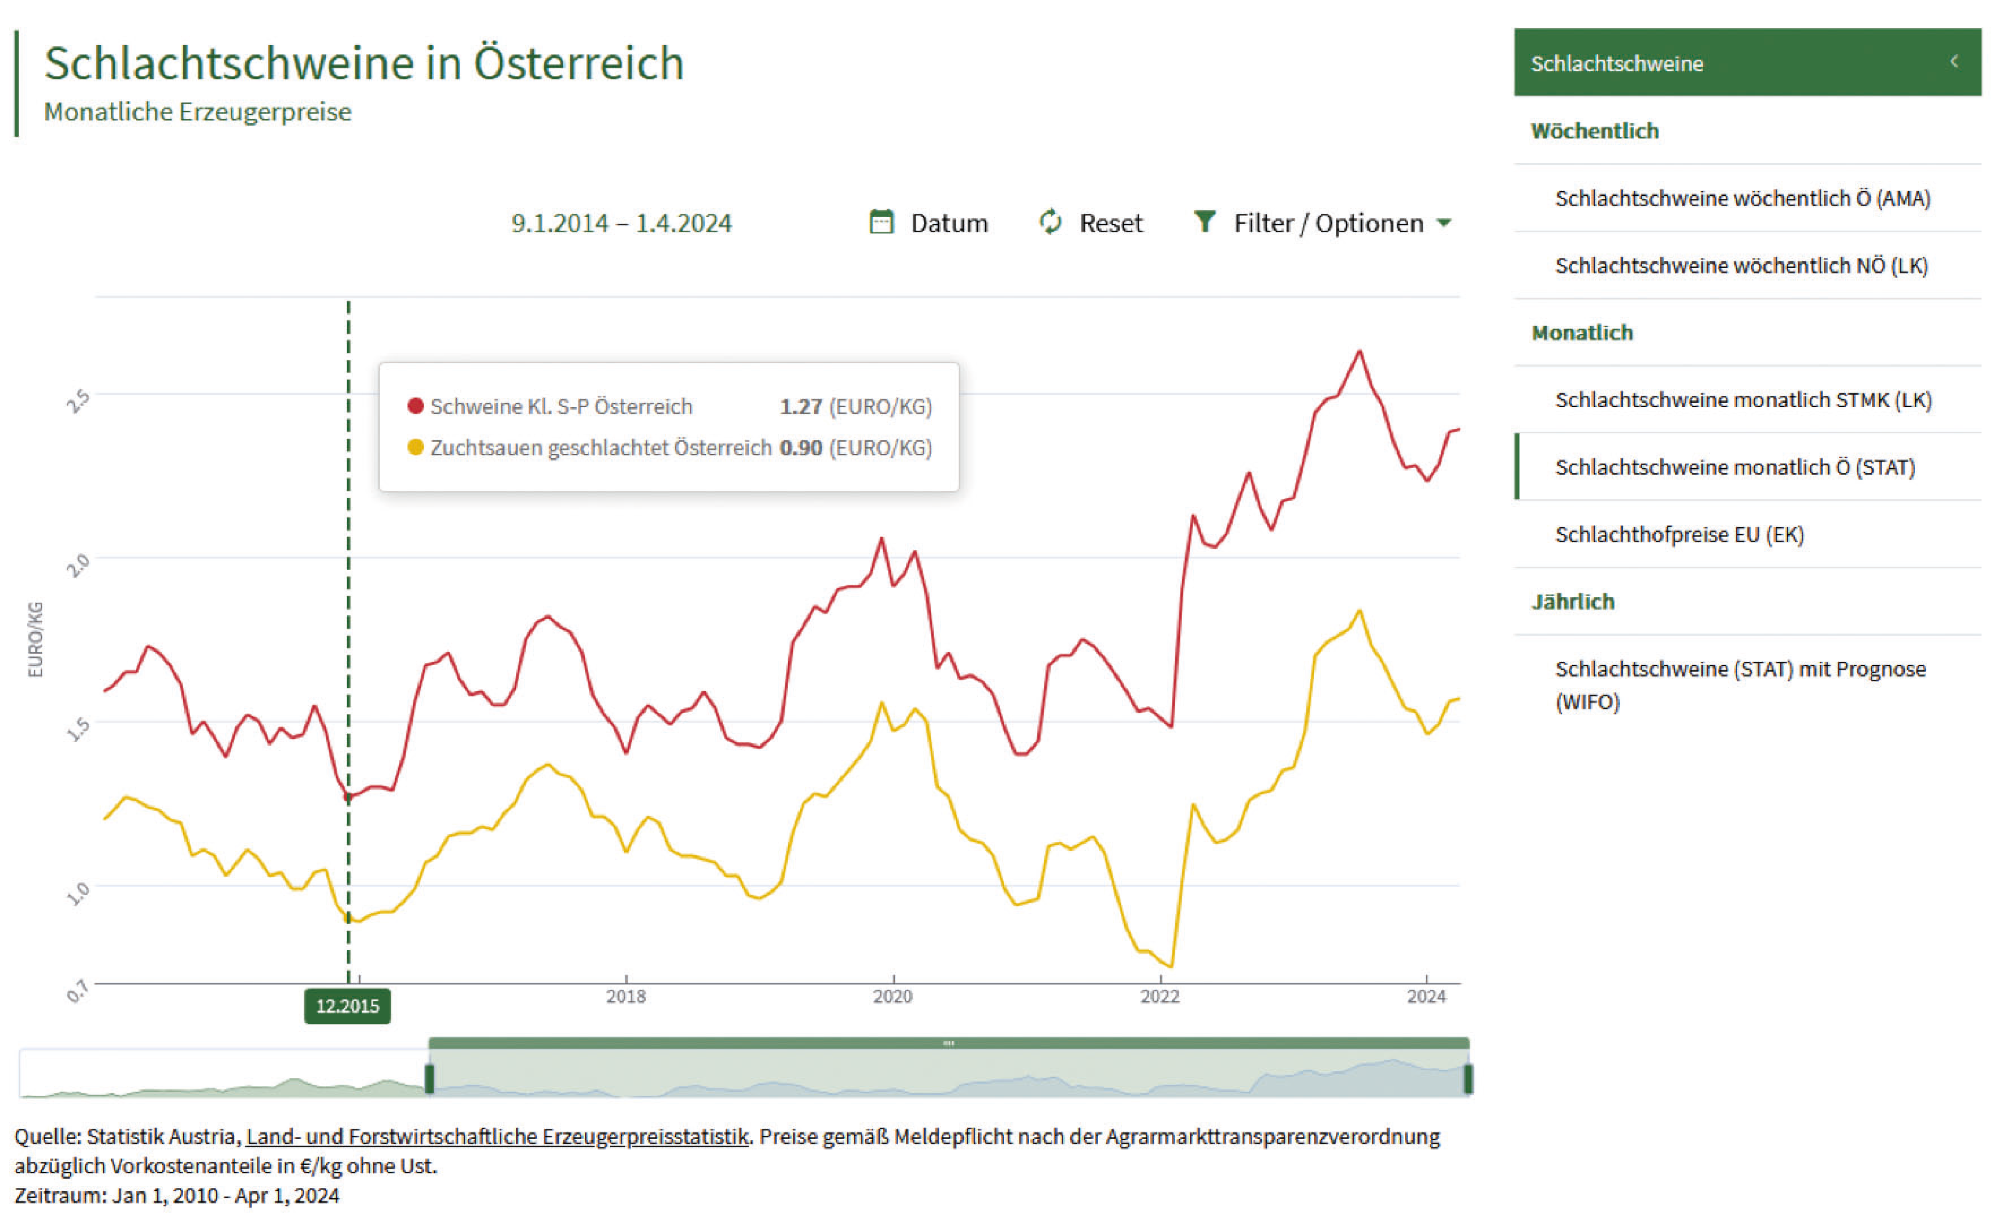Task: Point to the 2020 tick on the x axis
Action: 892,996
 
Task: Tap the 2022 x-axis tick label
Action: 1160,996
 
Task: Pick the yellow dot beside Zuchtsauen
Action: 415,448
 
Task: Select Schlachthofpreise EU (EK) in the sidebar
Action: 1679,534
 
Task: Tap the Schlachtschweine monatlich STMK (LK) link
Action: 1743,400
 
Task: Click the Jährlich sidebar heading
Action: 1572,601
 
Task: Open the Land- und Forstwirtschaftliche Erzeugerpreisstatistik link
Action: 497,1137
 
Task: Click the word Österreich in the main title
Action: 579,63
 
